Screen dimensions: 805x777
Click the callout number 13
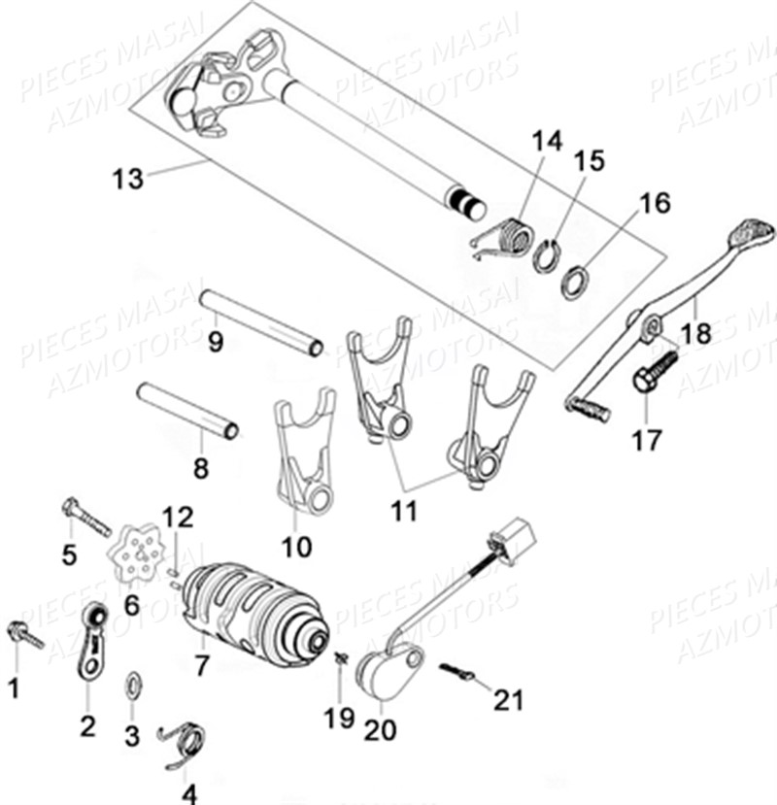(x=127, y=179)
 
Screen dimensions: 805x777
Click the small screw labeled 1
(x=24, y=634)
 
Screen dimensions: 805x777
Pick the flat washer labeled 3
(x=131, y=688)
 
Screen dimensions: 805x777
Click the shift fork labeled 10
(x=304, y=452)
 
